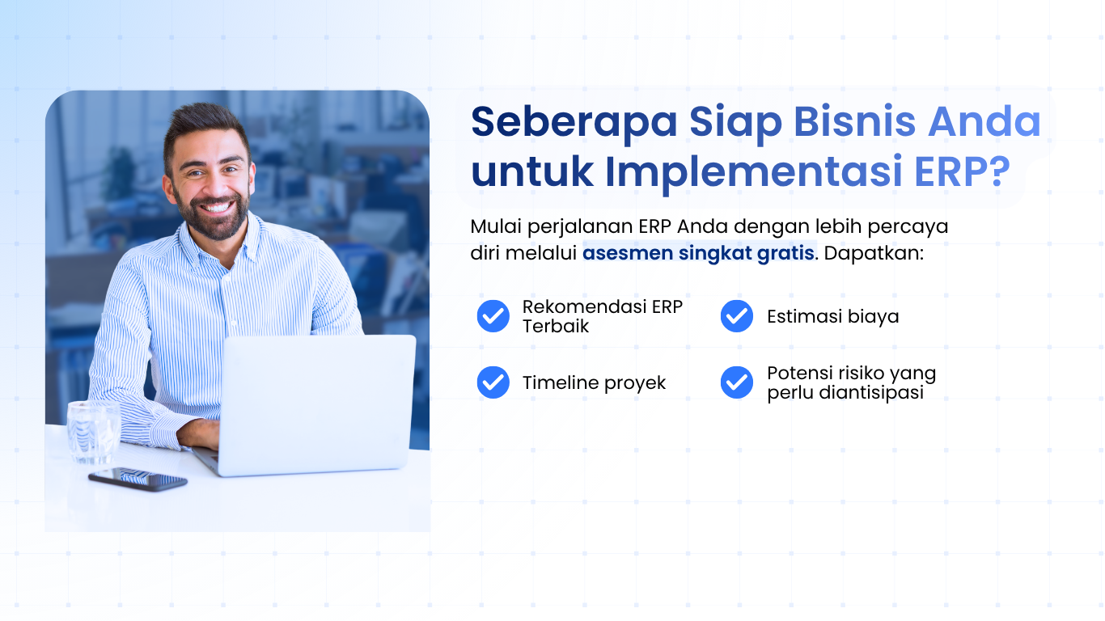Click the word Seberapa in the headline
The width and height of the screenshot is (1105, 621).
coord(574,122)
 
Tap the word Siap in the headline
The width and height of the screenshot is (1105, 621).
coord(735,122)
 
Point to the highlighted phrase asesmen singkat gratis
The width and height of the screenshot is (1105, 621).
coord(698,252)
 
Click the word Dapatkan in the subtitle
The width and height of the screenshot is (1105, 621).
coord(872,252)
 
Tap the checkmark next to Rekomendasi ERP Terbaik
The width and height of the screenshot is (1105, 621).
coord(493,316)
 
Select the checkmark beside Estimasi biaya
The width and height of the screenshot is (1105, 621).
coord(736,316)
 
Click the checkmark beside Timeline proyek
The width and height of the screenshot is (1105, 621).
coord(493,382)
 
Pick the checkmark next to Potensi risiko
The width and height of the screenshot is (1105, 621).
coord(736,382)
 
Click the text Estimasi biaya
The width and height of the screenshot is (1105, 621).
coord(832,316)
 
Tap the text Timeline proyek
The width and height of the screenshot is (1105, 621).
coord(594,383)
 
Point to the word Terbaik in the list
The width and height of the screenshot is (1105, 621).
coord(556,327)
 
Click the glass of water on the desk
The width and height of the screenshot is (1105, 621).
coord(93,432)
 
